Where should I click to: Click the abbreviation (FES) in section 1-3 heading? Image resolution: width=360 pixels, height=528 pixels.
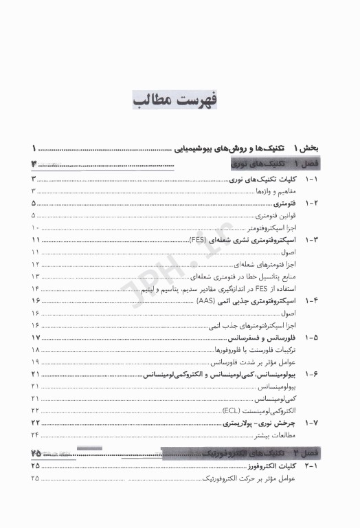199,240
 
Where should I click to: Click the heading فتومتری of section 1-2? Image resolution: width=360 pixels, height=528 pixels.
284,203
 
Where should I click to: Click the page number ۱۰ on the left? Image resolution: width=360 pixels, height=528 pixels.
35,228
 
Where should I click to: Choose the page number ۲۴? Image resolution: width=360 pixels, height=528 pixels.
35,435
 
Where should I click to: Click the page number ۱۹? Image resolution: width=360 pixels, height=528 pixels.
35,362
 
